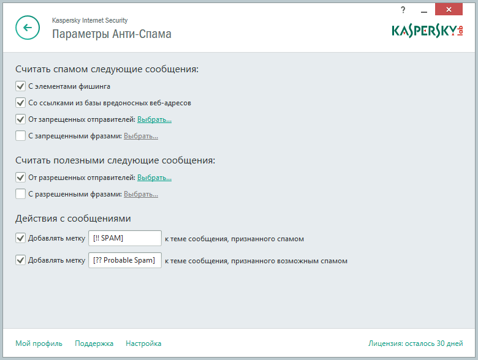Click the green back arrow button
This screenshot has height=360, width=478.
click(x=28, y=28)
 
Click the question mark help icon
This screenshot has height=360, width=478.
click(x=403, y=9)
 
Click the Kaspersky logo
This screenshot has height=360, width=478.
click(x=427, y=31)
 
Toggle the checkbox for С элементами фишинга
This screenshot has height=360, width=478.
click(x=21, y=86)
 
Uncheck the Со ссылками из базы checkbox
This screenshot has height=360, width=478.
click(x=21, y=103)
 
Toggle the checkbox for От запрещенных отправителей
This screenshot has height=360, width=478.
click(x=21, y=119)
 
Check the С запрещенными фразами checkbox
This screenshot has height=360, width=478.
click(x=21, y=136)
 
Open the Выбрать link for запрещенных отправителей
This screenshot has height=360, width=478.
click(x=154, y=119)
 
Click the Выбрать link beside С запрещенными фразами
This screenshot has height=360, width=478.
click(x=140, y=136)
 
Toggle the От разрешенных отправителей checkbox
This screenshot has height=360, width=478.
click(x=21, y=178)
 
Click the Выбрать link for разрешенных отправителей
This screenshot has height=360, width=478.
click(x=154, y=178)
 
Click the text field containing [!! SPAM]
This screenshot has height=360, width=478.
click(x=124, y=238)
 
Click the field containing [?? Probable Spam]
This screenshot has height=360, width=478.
click(x=124, y=260)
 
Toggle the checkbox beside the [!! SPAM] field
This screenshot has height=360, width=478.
click(x=21, y=238)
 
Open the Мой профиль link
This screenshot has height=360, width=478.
click(x=39, y=343)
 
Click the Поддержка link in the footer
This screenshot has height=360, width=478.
click(x=94, y=343)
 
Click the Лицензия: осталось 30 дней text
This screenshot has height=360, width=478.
click(x=415, y=343)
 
